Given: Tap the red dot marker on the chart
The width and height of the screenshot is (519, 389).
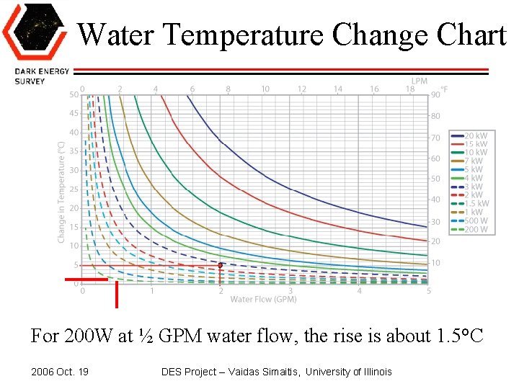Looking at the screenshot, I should pos(220,265).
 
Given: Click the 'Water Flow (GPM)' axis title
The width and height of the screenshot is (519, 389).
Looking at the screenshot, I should pos(263,299).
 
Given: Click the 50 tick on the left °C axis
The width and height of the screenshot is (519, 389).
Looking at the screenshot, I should pos(74,94).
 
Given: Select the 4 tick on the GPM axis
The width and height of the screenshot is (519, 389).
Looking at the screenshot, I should pos(359,291).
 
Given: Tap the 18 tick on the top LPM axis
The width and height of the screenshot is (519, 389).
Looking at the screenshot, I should pos(409,89).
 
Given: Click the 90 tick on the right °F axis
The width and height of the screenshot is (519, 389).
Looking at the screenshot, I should pos(435,94).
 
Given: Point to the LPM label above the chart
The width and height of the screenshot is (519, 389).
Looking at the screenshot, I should pos(419,81).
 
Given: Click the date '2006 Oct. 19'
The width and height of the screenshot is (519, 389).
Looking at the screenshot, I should pos(61,372).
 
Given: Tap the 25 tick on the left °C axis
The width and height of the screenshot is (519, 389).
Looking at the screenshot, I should pos(74,189).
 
